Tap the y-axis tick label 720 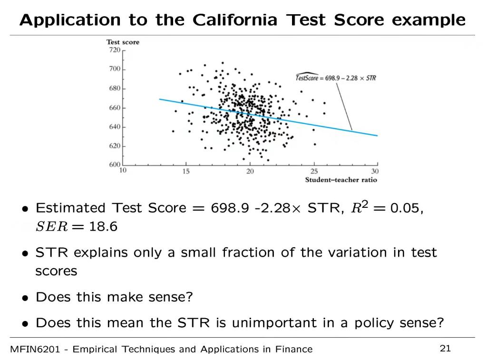[x=115, y=49]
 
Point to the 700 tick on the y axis [x=115, y=69]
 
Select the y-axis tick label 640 [x=115, y=127]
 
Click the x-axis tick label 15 [x=186, y=171]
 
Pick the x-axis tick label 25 [x=314, y=171]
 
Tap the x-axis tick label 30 [x=375, y=171]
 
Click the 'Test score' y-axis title [x=123, y=42]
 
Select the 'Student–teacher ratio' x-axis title [x=341, y=180]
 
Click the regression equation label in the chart [x=336, y=78]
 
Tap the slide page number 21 [x=445, y=349]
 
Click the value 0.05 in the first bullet [x=405, y=208]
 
